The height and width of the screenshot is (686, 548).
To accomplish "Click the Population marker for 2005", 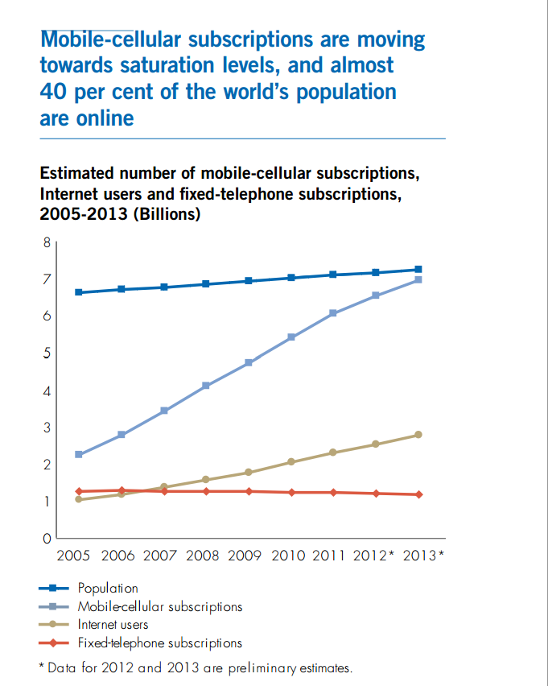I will [79, 292].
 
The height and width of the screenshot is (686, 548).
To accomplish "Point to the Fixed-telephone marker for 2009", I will [249, 491].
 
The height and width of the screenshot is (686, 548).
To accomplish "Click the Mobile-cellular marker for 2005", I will [79, 455].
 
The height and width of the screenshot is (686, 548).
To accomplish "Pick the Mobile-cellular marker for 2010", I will [291, 337].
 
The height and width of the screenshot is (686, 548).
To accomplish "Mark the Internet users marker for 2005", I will [79, 499].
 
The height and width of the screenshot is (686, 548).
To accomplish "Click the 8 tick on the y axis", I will [47, 242].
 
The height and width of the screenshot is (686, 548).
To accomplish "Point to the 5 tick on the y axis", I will [47, 353].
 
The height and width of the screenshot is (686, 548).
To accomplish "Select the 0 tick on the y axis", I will [47, 538].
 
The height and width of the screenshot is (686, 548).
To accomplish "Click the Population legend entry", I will [108, 589].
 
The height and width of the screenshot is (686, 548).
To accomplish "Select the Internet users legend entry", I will [113, 624].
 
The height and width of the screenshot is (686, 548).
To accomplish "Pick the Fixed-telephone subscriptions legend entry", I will [159, 643].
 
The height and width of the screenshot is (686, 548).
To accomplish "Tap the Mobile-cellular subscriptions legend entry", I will [160, 606].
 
